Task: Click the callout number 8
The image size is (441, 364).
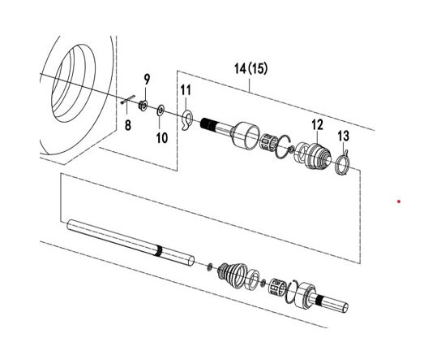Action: [x=126, y=125]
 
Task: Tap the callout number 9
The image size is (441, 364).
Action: [x=147, y=79]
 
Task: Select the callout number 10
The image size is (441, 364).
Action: [x=161, y=137]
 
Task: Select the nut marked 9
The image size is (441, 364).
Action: [x=143, y=104]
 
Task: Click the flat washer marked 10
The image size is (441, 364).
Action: [x=160, y=109]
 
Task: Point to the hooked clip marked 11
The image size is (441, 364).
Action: [x=188, y=119]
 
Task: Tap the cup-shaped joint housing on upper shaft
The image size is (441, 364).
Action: [x=246, y=134]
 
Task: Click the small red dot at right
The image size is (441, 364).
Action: [x=399, y=201]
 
